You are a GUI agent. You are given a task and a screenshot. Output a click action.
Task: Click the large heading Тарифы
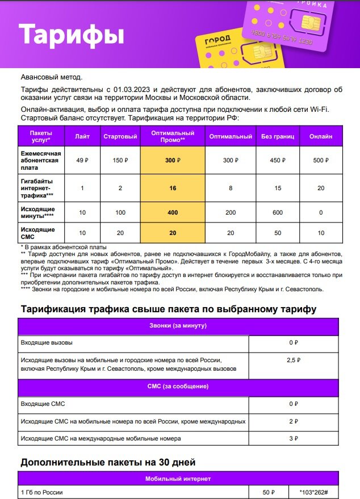72,35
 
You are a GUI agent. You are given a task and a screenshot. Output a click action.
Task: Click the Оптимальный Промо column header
173,136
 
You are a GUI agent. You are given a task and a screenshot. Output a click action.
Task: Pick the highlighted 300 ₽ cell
173,161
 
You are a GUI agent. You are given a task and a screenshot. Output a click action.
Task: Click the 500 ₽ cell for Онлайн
321,161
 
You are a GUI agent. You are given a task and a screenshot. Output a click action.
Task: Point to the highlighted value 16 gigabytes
173,188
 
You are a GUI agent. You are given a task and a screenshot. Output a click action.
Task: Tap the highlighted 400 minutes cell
173,212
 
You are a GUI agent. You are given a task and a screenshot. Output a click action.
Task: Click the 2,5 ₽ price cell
294,360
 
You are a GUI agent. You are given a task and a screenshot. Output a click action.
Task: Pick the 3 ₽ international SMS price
294,438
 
